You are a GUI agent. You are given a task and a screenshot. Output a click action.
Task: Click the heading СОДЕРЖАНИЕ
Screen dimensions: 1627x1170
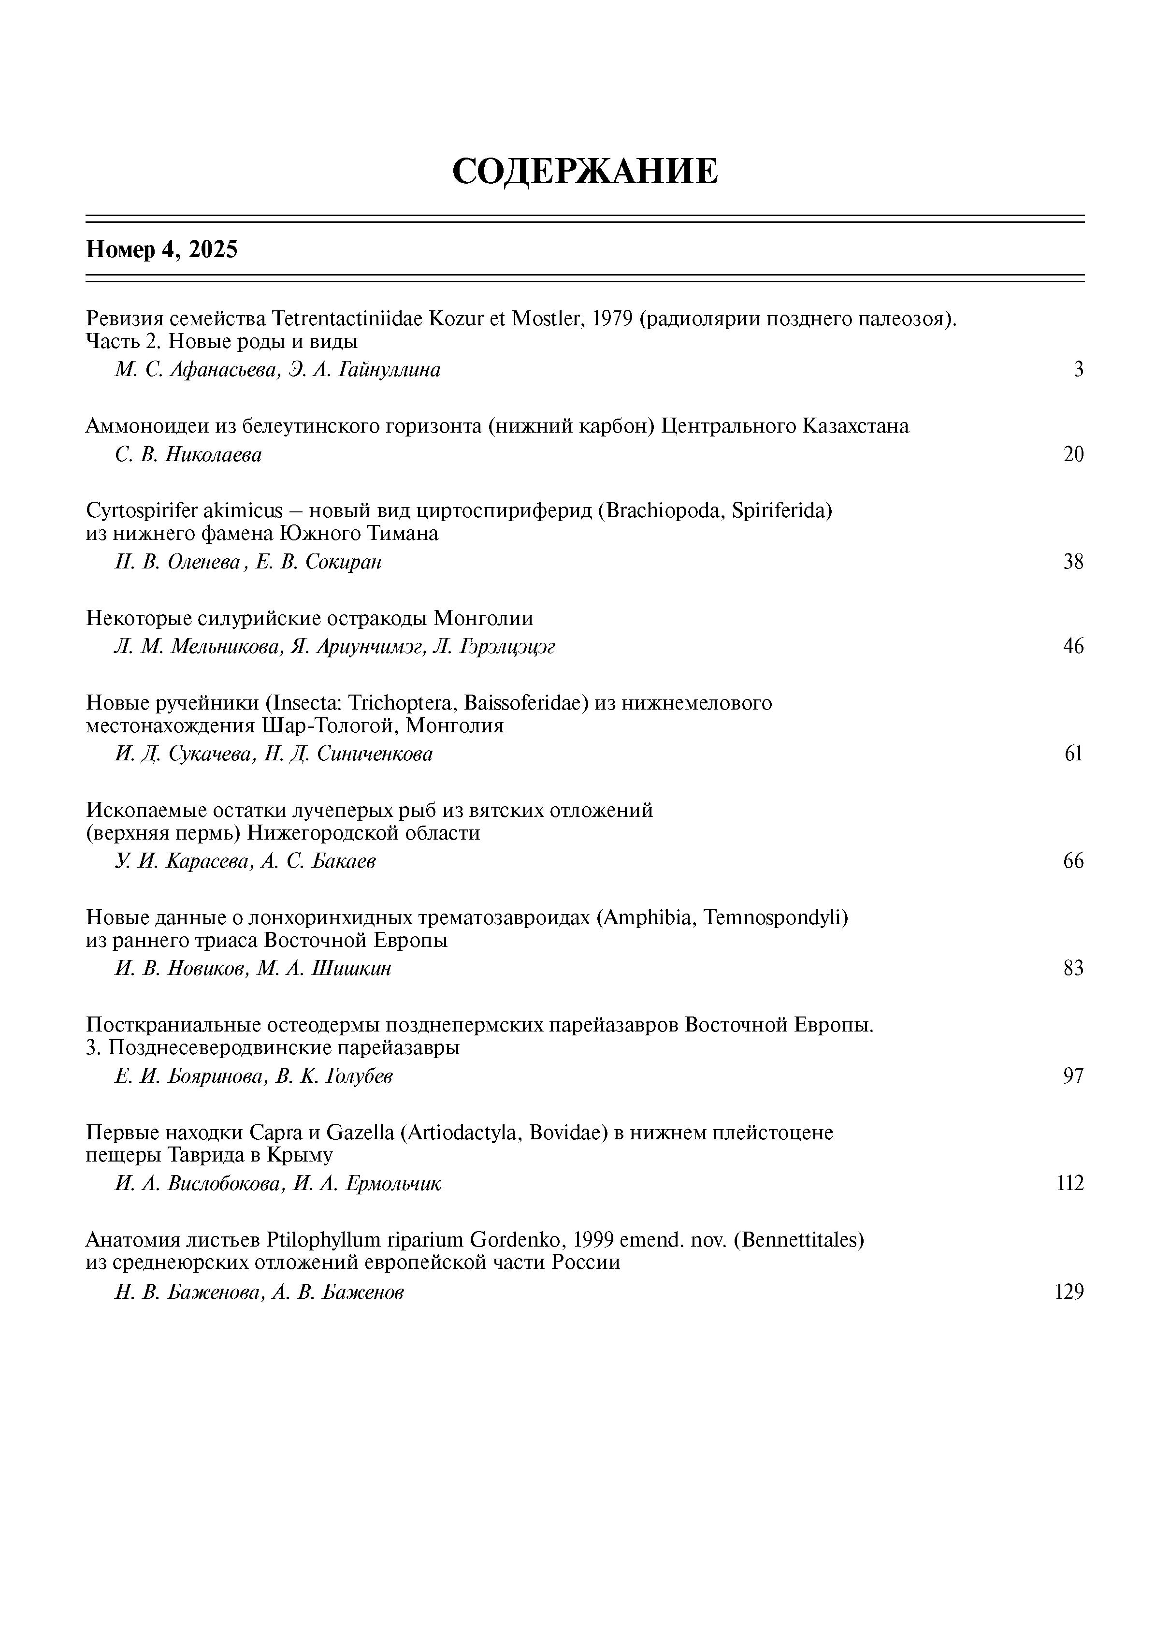(x=585, y=172)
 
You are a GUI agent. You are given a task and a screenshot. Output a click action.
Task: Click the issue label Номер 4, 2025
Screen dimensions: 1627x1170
(x=161, y=249)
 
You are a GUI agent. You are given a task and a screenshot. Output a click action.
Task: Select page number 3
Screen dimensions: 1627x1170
(x=1078, y=369)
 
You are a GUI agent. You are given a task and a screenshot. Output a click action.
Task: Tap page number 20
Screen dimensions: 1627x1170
(x=1073, y=454)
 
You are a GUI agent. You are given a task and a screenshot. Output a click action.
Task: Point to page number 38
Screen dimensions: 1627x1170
(x=1073, y=562)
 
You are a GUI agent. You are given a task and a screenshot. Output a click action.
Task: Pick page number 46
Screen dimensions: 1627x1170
(x=1073, y=646)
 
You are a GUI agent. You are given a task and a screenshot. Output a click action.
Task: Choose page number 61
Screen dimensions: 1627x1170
(x=1073, y=754)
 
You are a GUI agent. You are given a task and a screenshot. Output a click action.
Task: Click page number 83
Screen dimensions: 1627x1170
(x=1073, y=969)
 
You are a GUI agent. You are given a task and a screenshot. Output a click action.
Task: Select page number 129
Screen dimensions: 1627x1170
(x=1069, y=1292)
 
